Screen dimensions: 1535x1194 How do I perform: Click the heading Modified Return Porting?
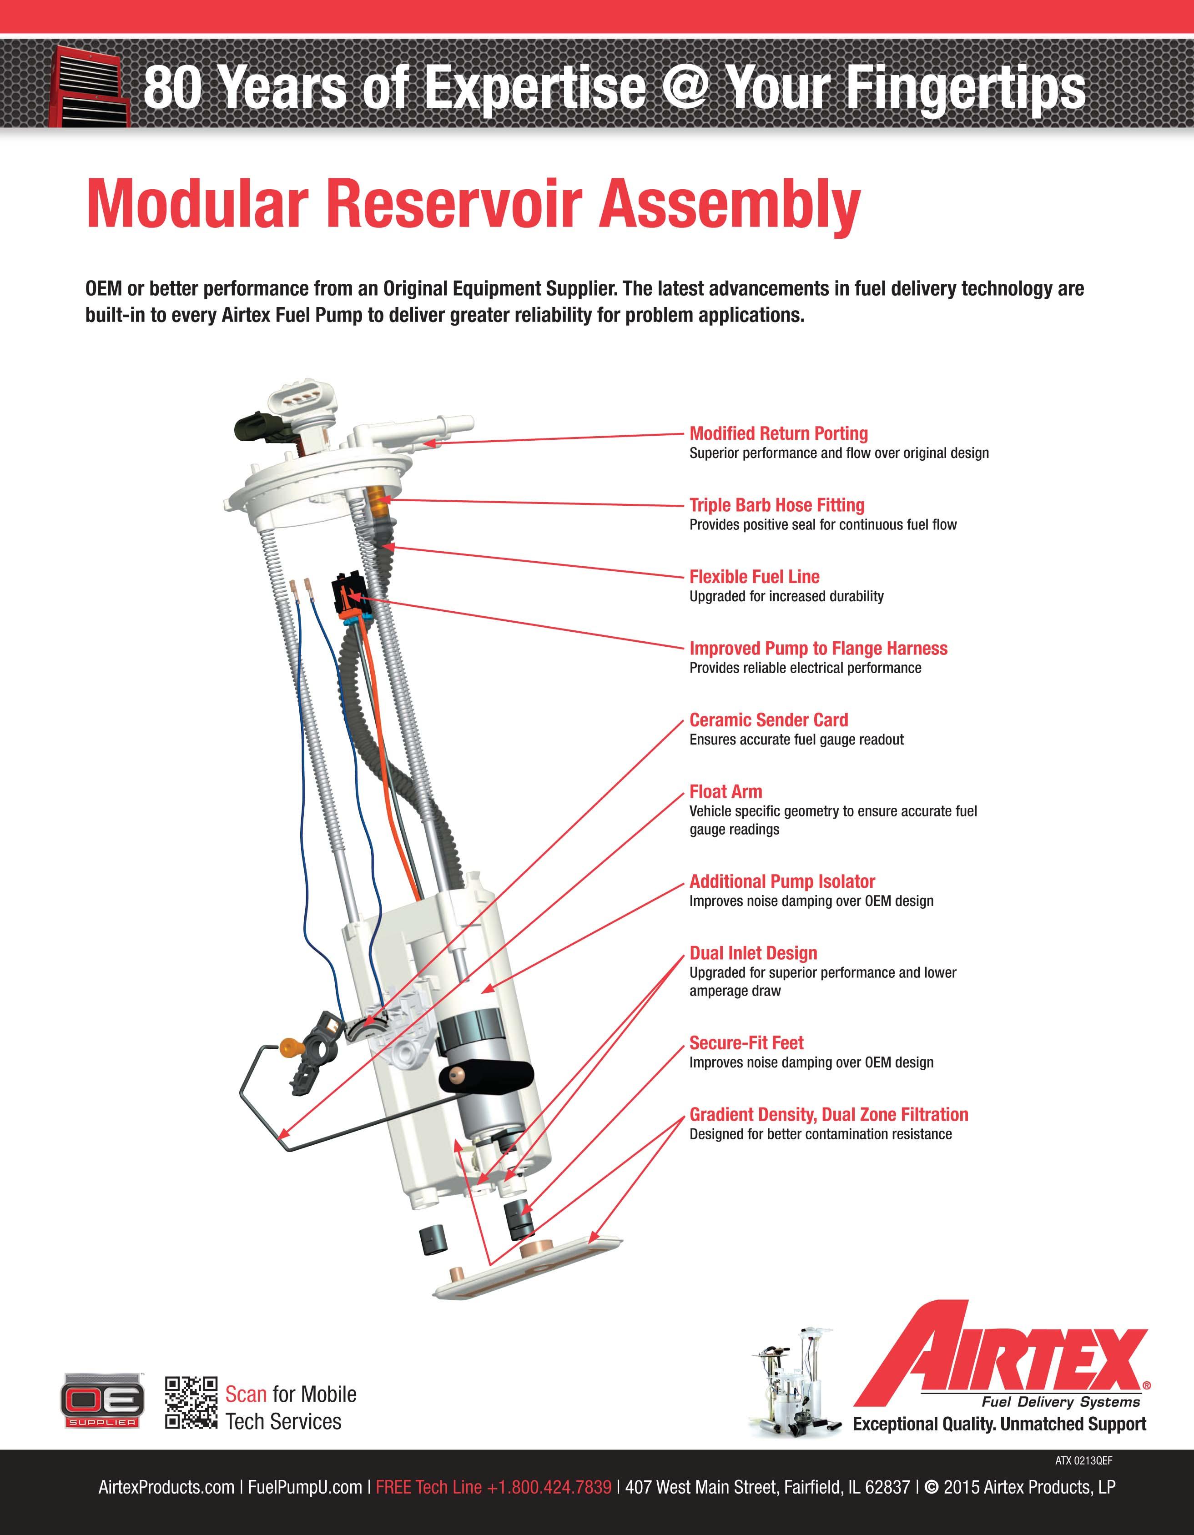778,433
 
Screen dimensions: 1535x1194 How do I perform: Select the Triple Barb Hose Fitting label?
776,505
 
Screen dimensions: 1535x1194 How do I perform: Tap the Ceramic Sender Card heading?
768,720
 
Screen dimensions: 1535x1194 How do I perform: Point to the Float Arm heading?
725,792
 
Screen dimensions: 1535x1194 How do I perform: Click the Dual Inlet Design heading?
753,954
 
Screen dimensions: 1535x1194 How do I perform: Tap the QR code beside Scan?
191,1402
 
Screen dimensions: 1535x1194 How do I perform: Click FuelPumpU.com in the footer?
305,1487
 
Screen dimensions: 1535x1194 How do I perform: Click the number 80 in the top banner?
172,87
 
